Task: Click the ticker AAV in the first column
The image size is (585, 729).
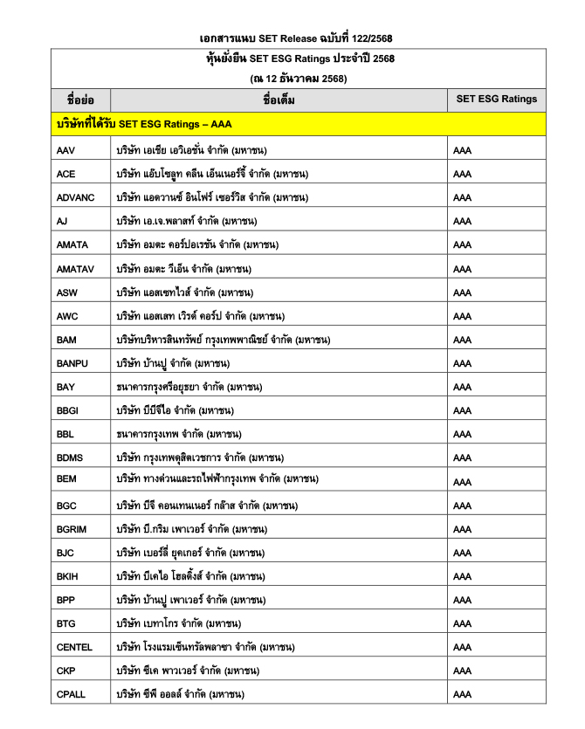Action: pyautogui.click(x=65, y=150)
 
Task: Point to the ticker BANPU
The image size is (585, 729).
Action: pyautogui.click(x=71, y=363)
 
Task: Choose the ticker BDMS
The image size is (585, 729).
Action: pyautogui.click(x=70, y=457)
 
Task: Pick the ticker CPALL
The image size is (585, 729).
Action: pyautogui.click(x=72, y=694)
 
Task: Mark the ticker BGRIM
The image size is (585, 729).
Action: pyautogui.click(x=72, y=529)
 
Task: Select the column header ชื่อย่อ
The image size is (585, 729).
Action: pyautogui.click(x=80, y=100)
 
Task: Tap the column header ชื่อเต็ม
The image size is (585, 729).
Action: pyautogui.click(x=279, y=100)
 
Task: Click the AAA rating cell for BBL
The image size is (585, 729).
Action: pyautogui.click(x=463, y=434)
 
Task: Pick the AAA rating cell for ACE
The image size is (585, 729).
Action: pyautogui.click(x=463, y=174)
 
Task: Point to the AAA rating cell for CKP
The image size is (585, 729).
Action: pyautogui.click(x=463, y=671)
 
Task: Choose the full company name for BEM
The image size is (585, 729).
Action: pyautogui.click(x=217, y=478)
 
